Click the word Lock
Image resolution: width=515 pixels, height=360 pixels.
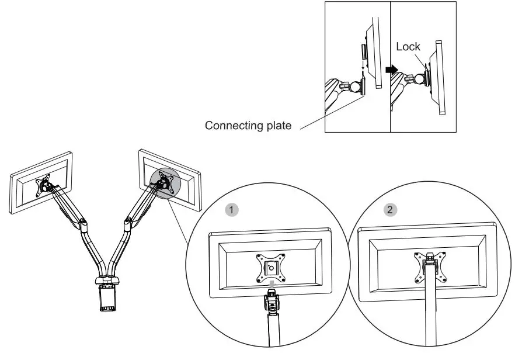408,47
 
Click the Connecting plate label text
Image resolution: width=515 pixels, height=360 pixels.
248,125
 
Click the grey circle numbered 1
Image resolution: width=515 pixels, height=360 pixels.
232,208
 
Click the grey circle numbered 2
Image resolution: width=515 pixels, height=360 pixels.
389,209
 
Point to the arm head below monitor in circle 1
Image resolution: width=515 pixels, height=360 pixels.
272,302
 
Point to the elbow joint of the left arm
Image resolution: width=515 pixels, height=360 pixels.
85,223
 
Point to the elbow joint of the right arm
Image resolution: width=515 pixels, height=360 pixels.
127,222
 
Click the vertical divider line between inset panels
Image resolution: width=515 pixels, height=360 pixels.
390,99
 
